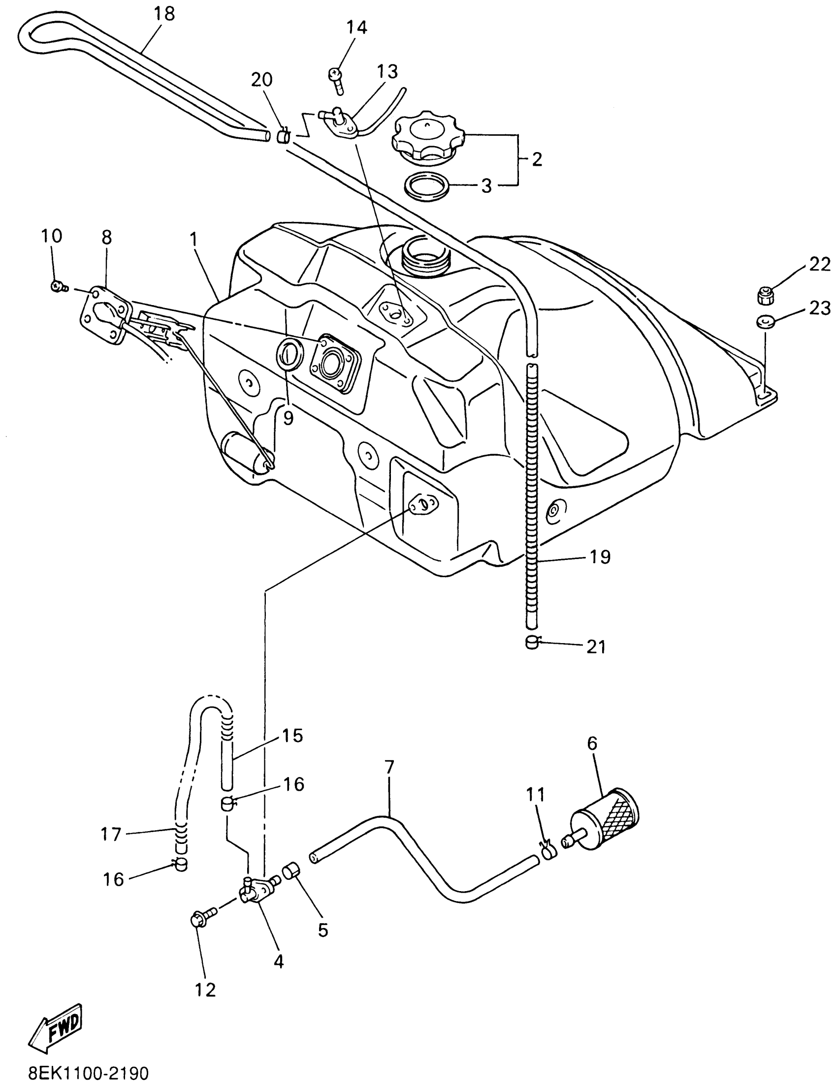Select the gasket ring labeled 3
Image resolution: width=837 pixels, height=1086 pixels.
pyautogui.click(x=425, y=186)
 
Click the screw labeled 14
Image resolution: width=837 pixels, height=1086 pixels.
pyautogui.click(x=336, y=80)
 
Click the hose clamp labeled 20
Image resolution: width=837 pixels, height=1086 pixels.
pyautogui.click(x=283, y=135)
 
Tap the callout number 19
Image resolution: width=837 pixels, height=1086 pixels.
pyautogui.click(x=600, y=557)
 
